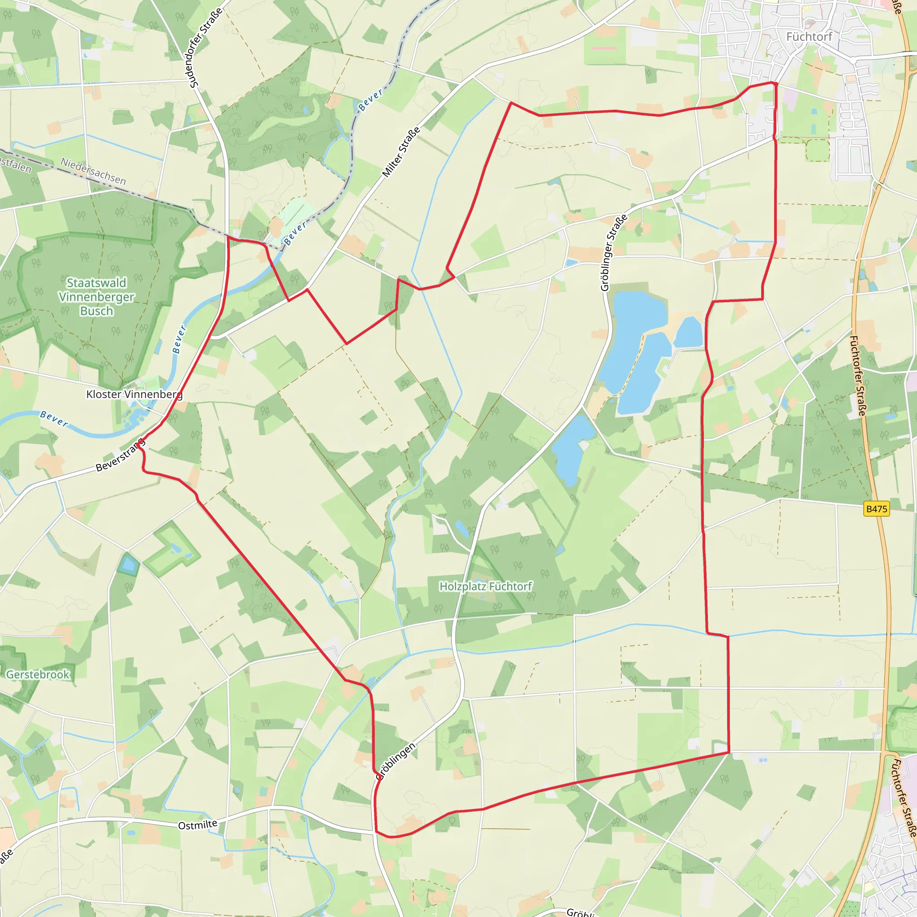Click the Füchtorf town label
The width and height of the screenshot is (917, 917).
[809, 37]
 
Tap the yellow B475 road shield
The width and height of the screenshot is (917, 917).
[876, 509]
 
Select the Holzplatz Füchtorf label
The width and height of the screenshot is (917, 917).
[485, 586]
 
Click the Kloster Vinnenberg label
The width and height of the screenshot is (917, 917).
[134, 394]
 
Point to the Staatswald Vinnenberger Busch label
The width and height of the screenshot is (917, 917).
[96, 297]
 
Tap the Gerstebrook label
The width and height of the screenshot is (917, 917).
[38, 674]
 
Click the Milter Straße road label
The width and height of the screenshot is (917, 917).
[402, 152]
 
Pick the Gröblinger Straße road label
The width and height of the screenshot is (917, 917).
[614, 253]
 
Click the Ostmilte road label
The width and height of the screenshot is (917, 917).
[197, 825]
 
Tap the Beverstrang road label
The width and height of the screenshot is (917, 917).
[120, 456]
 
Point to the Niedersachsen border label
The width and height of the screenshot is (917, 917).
[93, 171]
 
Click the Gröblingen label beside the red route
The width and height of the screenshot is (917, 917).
[395, 761]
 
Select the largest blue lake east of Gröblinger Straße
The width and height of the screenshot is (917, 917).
[634, 342]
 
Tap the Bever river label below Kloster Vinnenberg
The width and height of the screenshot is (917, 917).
[54, 419]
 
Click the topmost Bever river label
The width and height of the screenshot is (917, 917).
[370, 100]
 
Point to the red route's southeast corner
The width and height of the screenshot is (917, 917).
[728, 752]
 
